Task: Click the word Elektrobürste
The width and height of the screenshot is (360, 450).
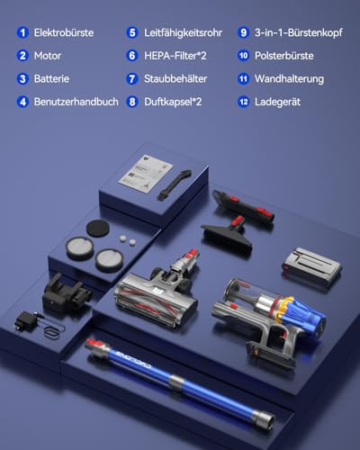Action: coord(64,32)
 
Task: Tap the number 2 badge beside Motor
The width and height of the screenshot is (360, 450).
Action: coord(22,56)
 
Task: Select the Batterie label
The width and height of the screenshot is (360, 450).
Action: coord(51,79)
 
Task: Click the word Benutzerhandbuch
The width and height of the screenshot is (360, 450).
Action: coord(76,102)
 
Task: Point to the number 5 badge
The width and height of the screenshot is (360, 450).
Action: coord(132,32)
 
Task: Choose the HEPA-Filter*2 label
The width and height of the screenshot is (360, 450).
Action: coord(175,56)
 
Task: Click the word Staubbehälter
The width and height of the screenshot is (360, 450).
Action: coord(175,79)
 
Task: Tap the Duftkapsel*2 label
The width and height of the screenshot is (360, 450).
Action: coord(173,102)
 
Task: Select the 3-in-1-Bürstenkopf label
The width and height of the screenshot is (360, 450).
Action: coord(299,32)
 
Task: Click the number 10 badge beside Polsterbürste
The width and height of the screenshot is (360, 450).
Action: coord(243,56)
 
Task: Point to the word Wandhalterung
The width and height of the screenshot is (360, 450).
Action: coord(289,79)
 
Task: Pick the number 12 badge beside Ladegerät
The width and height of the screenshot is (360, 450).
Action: coord(243,102)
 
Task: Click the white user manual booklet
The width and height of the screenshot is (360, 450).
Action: coord(146,175)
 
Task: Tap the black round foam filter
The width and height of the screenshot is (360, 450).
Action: coord(97,229)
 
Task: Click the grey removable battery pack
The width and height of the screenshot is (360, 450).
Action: coord(312,265)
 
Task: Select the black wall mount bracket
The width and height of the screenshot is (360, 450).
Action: coord(66,292)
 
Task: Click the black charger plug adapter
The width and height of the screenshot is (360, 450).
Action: coord(26,321)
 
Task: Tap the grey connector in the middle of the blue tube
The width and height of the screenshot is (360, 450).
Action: coord(176,382)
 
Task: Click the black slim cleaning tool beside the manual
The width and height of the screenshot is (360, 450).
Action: coord(175,184)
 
